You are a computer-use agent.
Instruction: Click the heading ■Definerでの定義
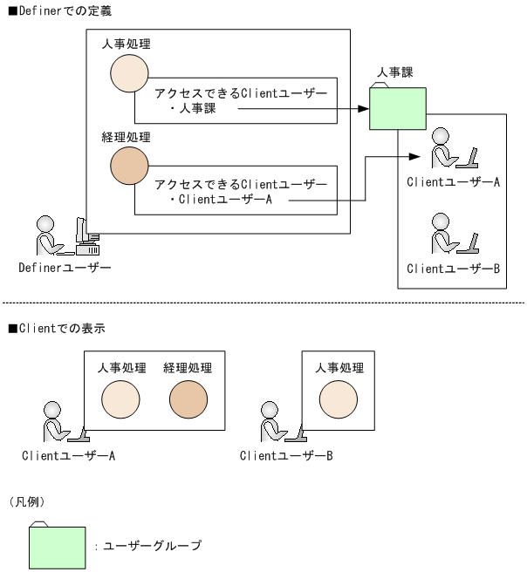coord(58,10)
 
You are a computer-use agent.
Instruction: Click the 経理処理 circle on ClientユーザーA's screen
coord(188,400)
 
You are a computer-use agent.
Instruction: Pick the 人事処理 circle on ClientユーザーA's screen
coord(120,400)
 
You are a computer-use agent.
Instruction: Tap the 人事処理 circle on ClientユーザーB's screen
coord(338,400)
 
